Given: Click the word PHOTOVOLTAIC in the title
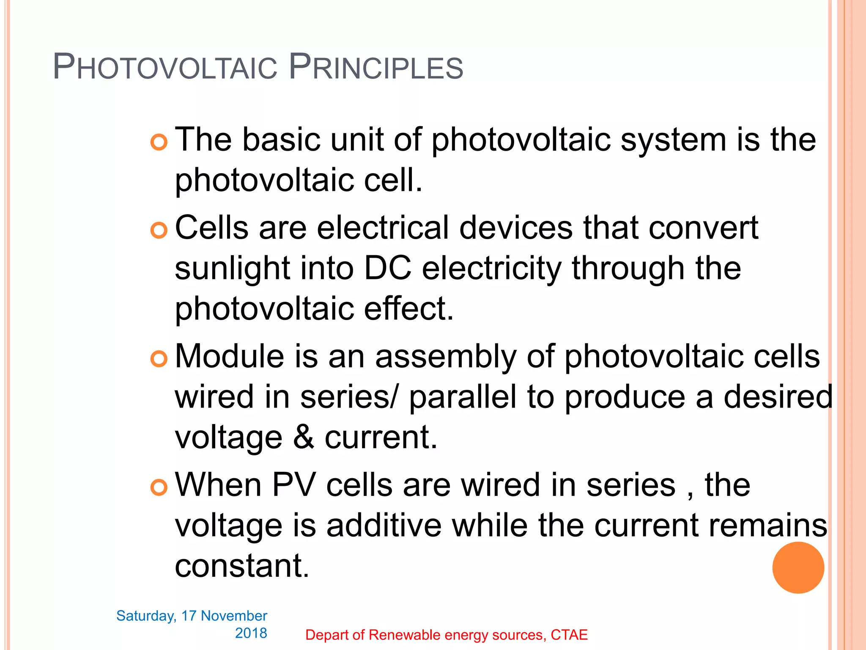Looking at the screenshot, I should coord(165,67).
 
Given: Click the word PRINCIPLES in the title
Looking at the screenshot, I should coord(376,67).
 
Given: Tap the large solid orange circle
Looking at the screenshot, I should coord(798,567).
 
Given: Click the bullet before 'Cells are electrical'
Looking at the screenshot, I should coord(159,230).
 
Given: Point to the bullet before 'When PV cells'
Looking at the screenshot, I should coord(159,487).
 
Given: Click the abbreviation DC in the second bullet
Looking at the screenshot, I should coord(387,268).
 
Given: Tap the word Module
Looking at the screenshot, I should coord(229,356).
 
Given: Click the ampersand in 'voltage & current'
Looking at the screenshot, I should coord(304,438).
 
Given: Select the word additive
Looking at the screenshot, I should coord(384,526).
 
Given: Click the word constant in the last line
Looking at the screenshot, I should coord(242,566).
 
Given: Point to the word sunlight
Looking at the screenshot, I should coord(233,269).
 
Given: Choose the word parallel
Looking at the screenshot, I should coord(463,398).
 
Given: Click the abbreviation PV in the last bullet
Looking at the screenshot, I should coord(293,485).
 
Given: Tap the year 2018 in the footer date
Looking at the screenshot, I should coord(251,633).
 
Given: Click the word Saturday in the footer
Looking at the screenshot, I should coord(146,616).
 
